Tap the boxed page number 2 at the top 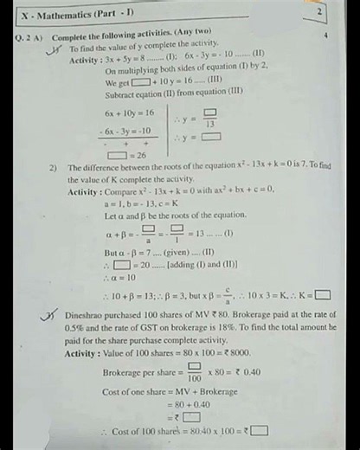click(x=319, y=12)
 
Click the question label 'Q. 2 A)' click(x=31, y=38)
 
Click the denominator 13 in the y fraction click(x=209, y=125)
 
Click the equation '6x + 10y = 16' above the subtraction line click(x=130, y=112)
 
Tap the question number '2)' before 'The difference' click(x=54, y=168)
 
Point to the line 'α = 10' click(x=119, y=278)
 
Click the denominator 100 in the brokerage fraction click(x=195, y=378)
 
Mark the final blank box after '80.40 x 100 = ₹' click(x=259, y=431)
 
